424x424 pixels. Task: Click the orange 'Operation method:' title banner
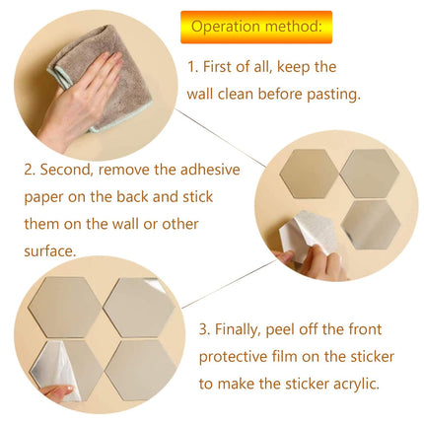pyautogui.click(x=255, y=26)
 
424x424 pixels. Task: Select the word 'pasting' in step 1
pyautogui.click(x=331, y=95)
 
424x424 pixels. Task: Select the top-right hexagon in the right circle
pyautogui.click(x=368, y=174)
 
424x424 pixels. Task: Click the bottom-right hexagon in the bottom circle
pyautogui.click(x=139, y=369)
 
